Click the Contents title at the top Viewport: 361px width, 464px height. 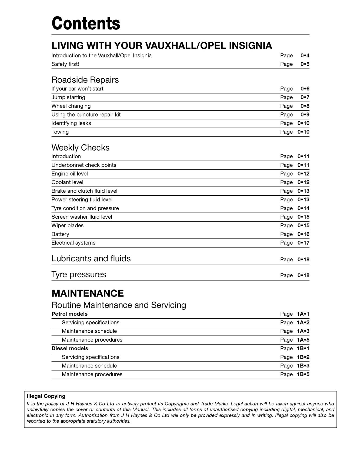86,23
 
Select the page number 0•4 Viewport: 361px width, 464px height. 305,56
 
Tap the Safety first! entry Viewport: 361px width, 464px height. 65,64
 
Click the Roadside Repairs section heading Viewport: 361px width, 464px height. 85,80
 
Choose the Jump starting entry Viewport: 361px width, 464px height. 68,97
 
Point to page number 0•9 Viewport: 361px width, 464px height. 305,115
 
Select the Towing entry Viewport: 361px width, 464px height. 60,132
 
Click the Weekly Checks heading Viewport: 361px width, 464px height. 80,148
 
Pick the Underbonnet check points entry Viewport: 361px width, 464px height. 84,165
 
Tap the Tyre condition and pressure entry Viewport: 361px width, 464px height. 85,208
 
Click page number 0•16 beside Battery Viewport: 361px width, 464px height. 303,234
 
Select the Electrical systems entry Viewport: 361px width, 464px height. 73,243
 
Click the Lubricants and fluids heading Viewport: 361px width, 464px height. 91,259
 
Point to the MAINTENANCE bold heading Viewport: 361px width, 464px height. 88,293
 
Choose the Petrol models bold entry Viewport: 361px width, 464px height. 69,314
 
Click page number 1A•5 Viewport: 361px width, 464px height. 303,340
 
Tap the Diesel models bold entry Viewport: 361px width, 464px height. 70,349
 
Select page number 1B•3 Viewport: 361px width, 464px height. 303,366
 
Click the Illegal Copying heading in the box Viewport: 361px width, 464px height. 46,396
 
